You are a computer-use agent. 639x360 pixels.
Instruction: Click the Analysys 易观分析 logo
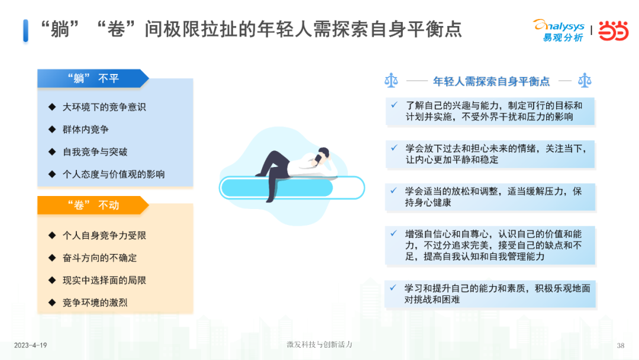click(x=559, y=31)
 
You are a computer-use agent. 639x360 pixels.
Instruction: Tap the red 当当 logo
click(x=614, y=31)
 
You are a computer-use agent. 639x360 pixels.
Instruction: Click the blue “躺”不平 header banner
click(x=93, y=78)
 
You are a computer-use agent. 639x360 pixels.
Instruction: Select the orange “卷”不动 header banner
click(x=93, y=205)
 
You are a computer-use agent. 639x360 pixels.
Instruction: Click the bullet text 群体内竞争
click(x=86, y=130)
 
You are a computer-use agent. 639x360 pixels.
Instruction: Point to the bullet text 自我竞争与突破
click(x=95, y=152)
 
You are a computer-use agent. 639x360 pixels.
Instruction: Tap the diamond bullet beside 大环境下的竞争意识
click(x=52, y=107)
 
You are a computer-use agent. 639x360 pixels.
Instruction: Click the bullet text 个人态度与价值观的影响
click(x=114, y=175)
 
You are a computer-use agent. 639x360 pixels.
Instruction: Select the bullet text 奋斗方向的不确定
click(x=100, y=258)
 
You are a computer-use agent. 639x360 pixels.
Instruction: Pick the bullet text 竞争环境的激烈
click(x=95, y=303)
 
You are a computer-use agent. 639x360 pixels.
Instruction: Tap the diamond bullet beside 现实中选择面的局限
click(x=52, y=280)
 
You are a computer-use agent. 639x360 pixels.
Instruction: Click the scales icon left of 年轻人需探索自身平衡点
click(x=391, y=81)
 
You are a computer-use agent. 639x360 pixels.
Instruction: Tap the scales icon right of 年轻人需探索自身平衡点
click(x=585, y=81)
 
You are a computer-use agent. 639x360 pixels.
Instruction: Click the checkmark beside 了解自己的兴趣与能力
click(x=394, y=105)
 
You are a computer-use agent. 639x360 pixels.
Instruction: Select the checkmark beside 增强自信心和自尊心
click(x=393, y=234)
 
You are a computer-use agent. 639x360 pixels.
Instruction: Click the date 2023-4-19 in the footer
click(x=31, y=345)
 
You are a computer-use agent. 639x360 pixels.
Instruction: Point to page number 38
click(x=621, y=346)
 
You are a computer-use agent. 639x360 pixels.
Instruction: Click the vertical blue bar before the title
click(x=25, y=31)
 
